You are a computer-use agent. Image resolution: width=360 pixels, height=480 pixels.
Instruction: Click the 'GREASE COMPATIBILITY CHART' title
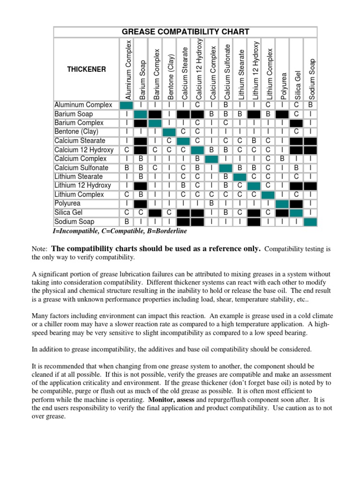pos(185,32)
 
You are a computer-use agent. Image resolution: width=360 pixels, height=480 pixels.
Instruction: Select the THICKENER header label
pos(86,69)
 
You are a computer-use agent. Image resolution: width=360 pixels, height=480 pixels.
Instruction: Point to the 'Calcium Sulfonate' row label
pos(81,168)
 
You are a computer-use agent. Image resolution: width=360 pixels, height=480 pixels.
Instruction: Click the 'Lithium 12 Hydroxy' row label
pos(82,186)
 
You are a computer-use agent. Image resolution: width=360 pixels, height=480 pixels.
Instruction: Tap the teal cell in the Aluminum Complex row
pos(127,105)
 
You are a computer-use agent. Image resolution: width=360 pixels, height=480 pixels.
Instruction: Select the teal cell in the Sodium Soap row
pos(310,222)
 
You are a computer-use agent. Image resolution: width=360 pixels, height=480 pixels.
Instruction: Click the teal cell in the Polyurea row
pos(282,203)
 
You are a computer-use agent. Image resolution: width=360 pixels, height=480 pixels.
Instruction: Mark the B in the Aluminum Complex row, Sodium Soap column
pos(310,105)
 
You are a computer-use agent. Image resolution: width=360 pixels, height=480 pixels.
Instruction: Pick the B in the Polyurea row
pos(211,203)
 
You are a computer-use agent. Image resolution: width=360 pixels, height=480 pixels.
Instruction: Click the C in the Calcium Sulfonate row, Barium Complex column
pos(155,168)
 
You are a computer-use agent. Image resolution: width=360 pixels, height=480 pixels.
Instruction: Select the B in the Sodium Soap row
pos(127,222)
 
